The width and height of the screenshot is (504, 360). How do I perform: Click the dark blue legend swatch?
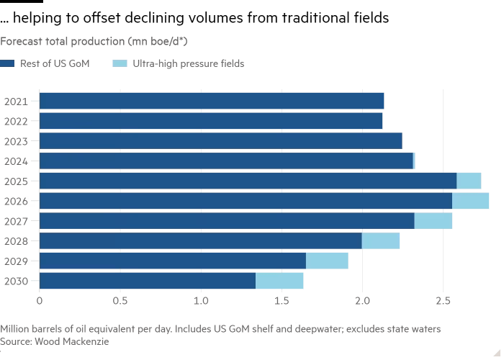pos(8,64)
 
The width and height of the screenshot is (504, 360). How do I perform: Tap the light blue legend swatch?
pos(120,64)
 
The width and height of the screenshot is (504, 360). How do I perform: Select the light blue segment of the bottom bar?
pos(279,281)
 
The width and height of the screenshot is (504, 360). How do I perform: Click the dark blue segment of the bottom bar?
pos(148,281)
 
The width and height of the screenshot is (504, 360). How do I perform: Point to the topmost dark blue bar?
pos(212,101)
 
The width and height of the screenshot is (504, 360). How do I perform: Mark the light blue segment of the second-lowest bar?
pos(327,261)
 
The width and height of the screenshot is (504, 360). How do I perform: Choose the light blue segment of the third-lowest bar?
pos(381,240)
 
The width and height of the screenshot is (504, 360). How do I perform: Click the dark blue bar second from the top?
pos(211,121)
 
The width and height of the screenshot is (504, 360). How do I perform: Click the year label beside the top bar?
pos(14,101)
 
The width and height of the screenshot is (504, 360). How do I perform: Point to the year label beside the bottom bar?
pos(15,281)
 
